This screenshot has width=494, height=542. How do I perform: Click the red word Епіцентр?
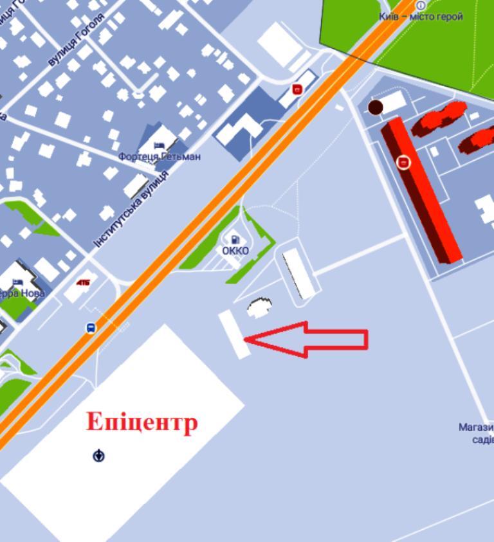click(142, 422)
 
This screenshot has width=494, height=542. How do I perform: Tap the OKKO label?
click(235, 251)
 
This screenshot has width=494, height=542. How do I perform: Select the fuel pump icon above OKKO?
click(235, 240)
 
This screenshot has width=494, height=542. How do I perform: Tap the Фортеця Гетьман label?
click(160, 156)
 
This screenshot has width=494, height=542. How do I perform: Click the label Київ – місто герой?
click(421, 17)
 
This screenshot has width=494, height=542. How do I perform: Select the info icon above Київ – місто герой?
click(421, 5)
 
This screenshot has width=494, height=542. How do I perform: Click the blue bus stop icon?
click(91, 328)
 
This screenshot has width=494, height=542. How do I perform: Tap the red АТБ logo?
click(83, 282)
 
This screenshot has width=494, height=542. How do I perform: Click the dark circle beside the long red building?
click(375, 107)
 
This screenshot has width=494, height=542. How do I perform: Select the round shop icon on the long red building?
click(403, 162)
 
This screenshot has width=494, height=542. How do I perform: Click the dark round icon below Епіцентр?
click(98, 456)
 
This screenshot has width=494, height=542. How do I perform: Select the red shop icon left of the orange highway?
click(297, 89)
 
